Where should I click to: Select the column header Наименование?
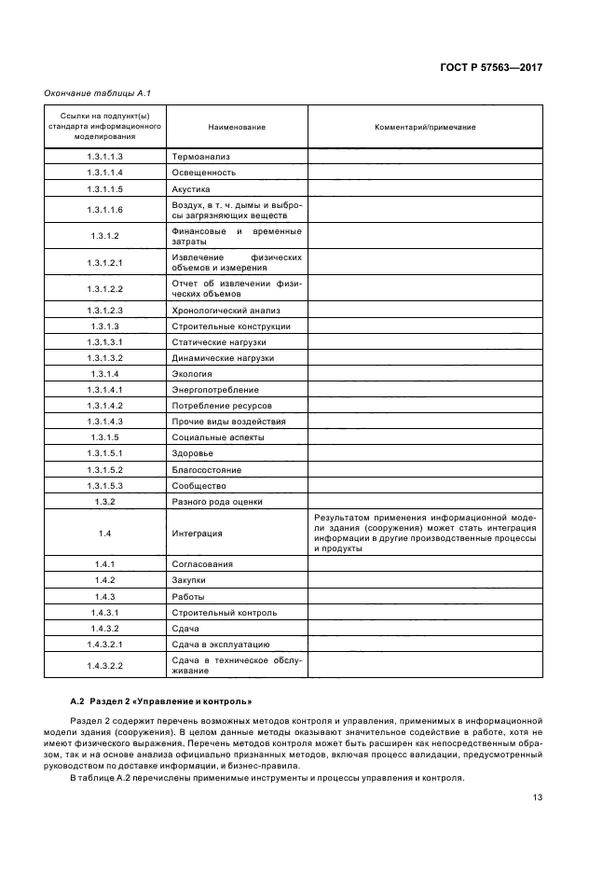point(237,127)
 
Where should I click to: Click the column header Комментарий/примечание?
point(425,127)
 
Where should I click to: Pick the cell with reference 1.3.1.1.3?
point(105,157)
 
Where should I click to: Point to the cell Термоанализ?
point(200,157)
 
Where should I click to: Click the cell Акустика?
point(192,188)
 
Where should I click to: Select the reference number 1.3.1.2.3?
point(105,310)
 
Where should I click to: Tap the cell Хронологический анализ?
point(226,310)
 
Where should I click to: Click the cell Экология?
point(193,373)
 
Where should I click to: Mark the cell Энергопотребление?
point(215,389)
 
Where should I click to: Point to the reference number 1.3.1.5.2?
point(105,469)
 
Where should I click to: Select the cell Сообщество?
point(198,485)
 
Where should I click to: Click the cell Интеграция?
point(197,533)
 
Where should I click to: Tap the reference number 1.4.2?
point(105,579)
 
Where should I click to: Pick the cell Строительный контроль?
point(225,612)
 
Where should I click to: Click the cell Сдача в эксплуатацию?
point(221,644)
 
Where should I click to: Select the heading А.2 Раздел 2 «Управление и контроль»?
point(160,700)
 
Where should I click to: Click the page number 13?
point(537,797)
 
